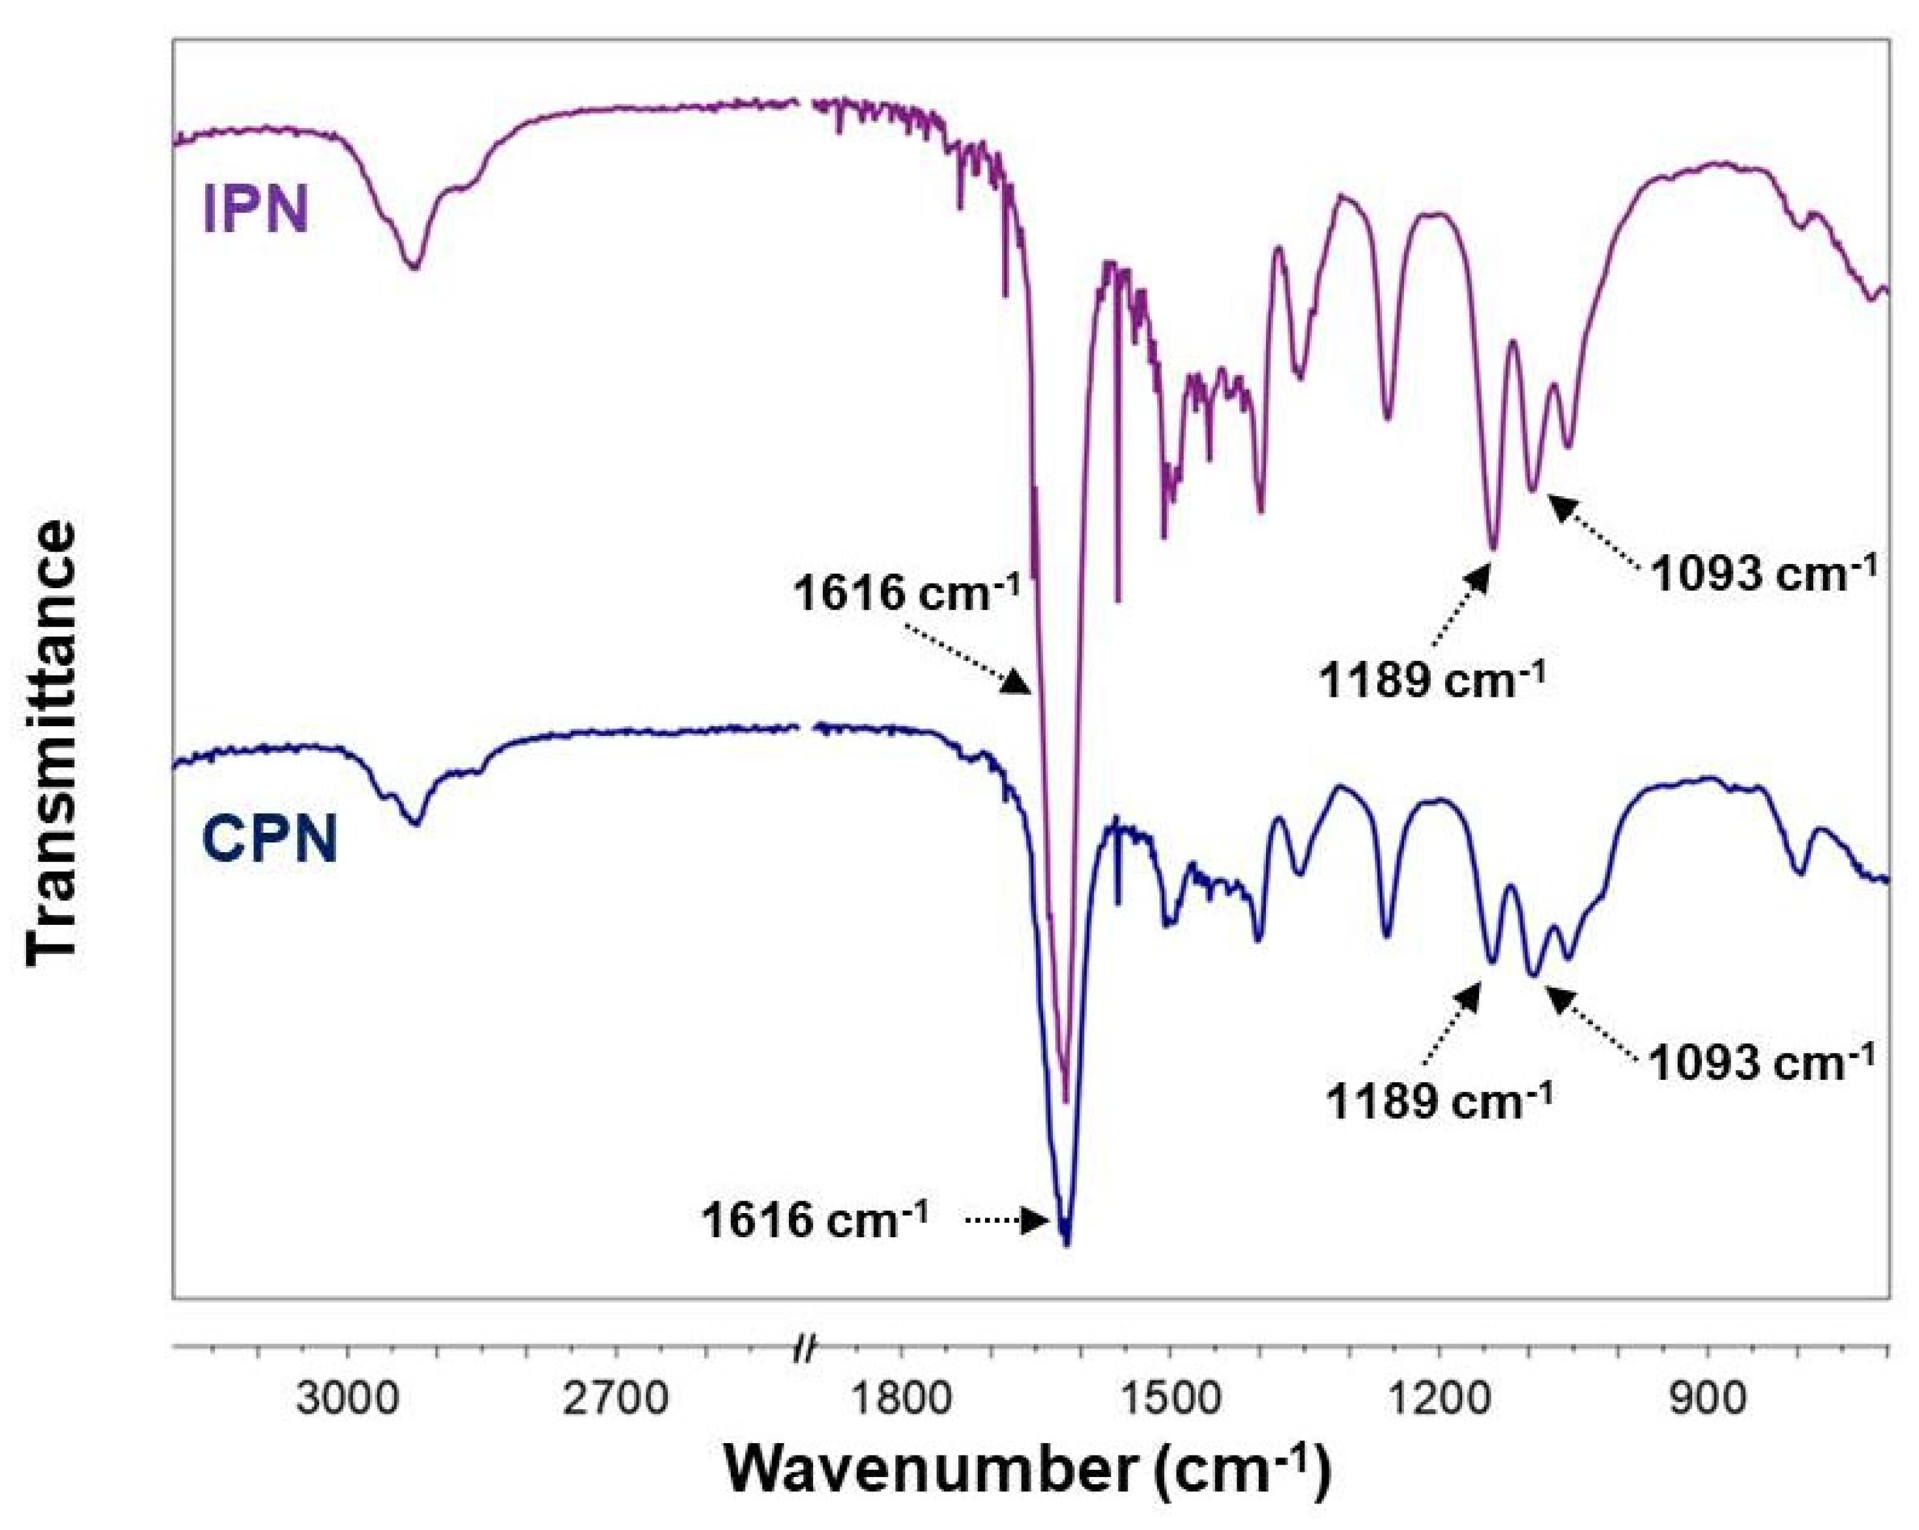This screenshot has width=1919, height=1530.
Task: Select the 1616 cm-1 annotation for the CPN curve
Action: point(814,1220)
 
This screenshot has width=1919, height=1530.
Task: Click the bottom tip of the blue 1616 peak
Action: point(1066,1244)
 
